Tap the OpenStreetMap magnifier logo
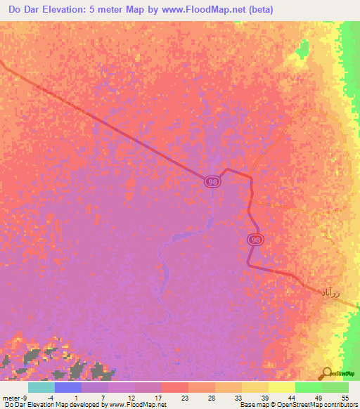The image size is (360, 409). tap(327, 374)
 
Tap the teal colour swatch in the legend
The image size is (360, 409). tap(41, 387)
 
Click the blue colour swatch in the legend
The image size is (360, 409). tap(68, 387)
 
